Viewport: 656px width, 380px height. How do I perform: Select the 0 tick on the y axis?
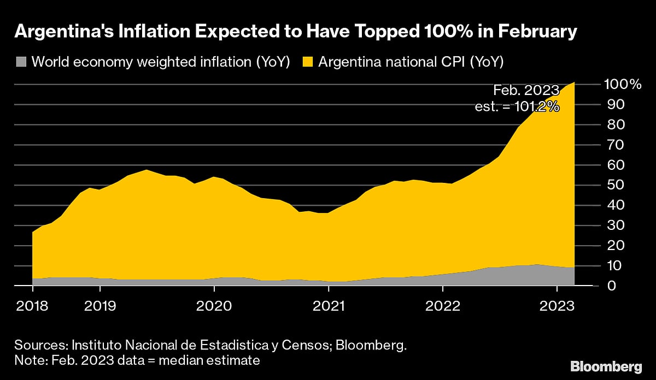click(606, 286)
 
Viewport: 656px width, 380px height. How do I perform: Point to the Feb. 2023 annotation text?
click(526, 90)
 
